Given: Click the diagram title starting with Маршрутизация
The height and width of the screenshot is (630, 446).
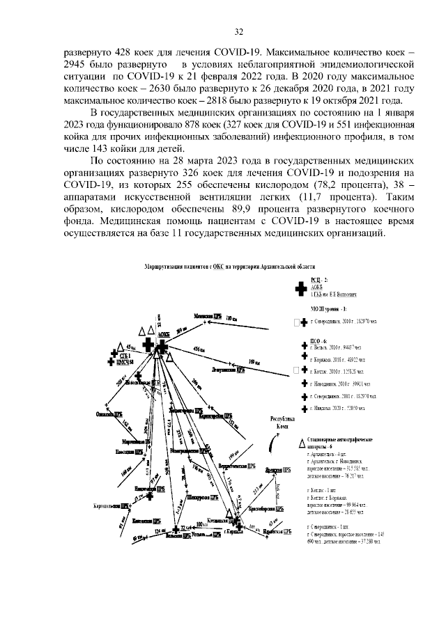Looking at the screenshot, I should pyautogui.click(x=229, y=267).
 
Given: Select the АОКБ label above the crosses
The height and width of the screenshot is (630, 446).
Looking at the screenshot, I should pyautogui.click(x=164, y=333).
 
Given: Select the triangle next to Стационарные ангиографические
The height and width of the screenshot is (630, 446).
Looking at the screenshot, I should pyautogui.click(x=301, y=443).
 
